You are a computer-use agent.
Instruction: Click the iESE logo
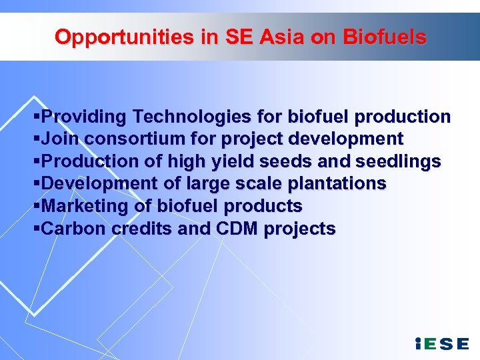[x=441, y=343]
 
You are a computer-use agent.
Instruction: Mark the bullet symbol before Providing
[x=36, y=117]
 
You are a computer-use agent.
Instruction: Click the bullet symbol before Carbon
[x=36, y=229]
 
